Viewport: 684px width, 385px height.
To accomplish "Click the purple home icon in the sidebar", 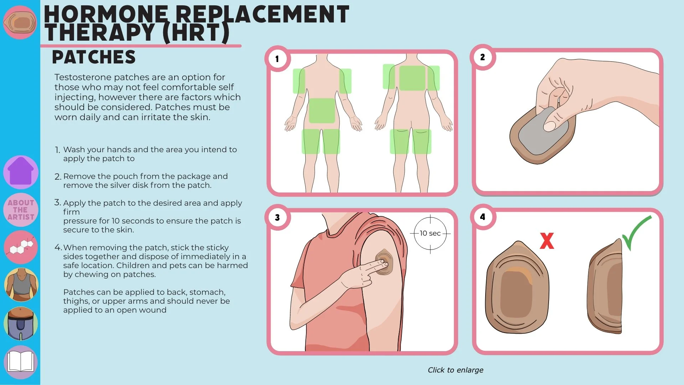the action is pos(21,172).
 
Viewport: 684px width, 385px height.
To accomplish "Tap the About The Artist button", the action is pos(21,210).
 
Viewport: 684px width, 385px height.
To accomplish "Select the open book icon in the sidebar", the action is pos(21,361).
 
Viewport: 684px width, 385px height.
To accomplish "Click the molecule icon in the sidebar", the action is pos(21,247).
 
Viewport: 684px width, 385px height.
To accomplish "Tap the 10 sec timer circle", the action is pos(430,233).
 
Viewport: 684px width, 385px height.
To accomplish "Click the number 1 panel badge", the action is pos(277,59).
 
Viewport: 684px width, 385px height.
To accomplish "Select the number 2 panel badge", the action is pos(482,57).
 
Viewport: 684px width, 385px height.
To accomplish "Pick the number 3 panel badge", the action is pos(277,217).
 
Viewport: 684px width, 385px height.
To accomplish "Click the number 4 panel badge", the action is pos(482,217).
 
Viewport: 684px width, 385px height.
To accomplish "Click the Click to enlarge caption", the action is pos(455,370).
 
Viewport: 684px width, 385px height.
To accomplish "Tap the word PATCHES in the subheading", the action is pos(94,57).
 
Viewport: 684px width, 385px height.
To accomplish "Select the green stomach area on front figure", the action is pos(322,111).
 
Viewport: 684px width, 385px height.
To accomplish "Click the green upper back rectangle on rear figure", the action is pos(412,78).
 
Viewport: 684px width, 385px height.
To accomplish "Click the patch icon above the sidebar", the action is pos(20,22).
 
